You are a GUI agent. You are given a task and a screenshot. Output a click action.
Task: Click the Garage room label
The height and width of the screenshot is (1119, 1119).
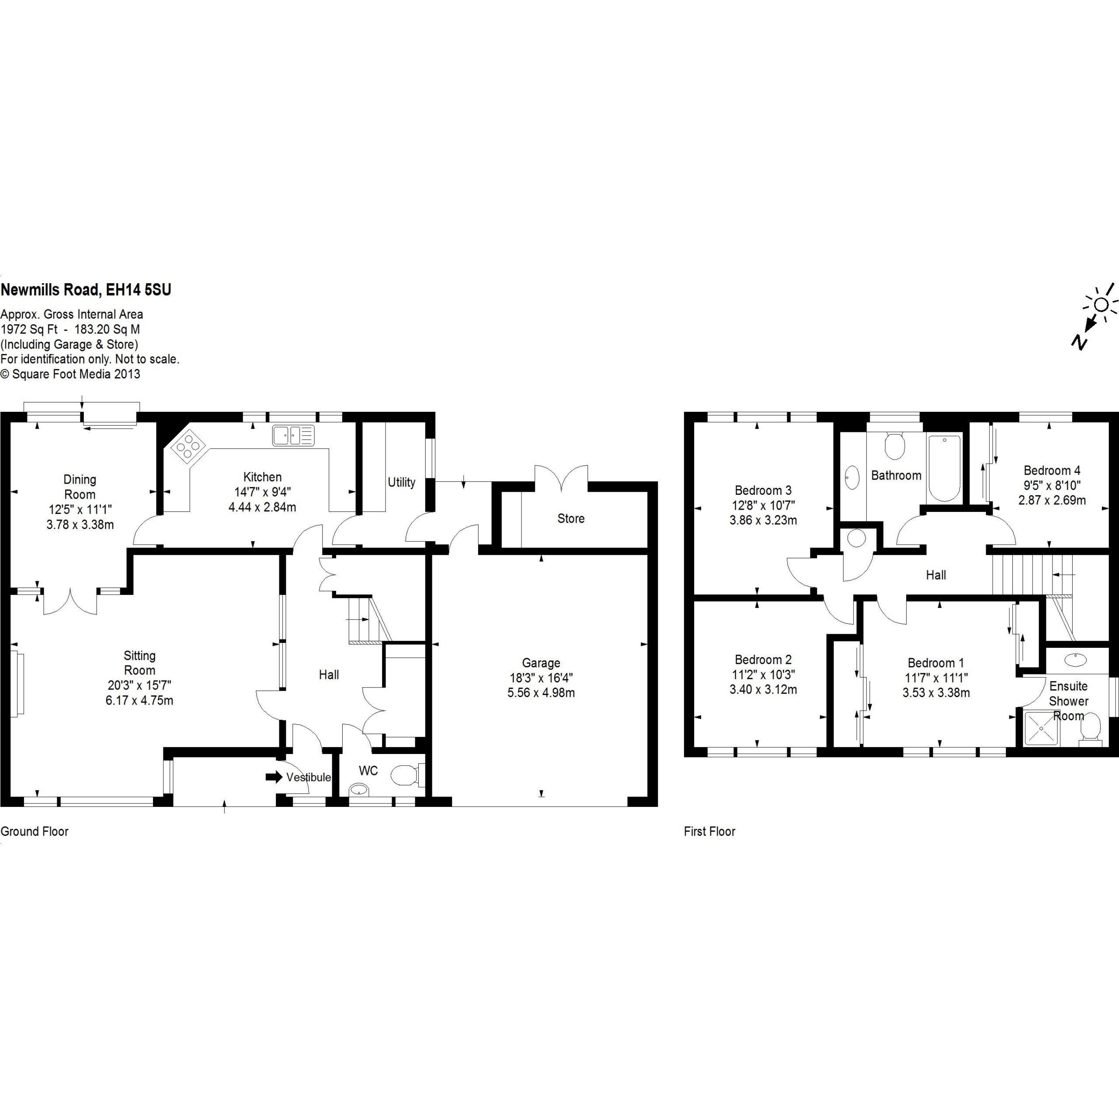tap(541, 663)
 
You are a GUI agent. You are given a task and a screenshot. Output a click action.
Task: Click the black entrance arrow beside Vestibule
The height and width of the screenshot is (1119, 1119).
tap(274, 777)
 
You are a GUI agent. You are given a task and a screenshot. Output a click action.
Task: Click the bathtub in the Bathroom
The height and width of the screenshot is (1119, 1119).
tap(944, 469)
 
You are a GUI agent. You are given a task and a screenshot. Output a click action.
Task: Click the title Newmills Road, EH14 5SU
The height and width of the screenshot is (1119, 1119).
tap(86, 290)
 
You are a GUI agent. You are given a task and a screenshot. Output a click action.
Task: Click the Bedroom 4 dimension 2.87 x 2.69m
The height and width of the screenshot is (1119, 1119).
tap(1052, 500)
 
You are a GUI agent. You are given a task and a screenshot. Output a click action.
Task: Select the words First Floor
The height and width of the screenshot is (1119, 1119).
tap(709, 831)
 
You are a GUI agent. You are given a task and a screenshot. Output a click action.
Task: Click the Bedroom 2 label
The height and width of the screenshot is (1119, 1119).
tap(763, 659)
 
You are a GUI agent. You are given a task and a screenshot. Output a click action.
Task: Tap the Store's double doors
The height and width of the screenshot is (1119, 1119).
tap(561, 478)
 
